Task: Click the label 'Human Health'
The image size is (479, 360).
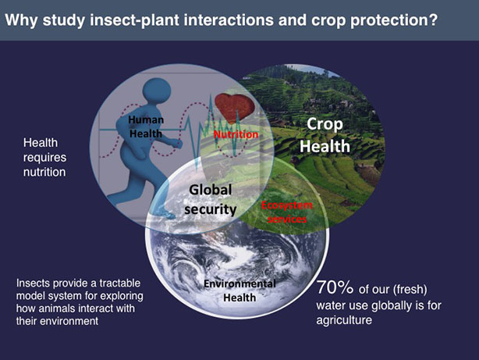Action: pyautogui.click(x=146, y=127)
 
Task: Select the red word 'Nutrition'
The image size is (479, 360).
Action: pyautogui.click(x=236, y=134)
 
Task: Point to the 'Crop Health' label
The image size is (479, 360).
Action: pyautogui.click(x=326, y=135)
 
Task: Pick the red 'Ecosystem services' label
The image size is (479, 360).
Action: pyautogui.click(x=286, y=212)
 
